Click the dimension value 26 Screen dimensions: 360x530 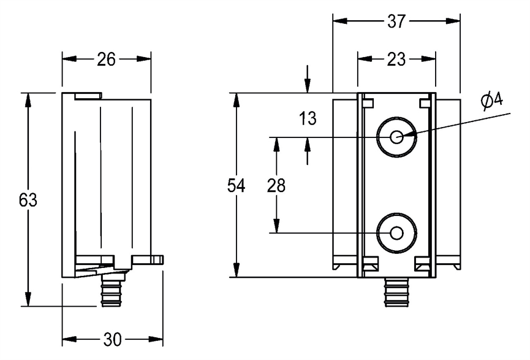coord(107,59)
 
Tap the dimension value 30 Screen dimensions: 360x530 coord(113,339)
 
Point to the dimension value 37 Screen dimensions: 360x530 coord(396,21)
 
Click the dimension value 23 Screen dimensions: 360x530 coord(396,59)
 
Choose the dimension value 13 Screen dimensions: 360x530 coord(308,118)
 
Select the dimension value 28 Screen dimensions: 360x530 coord(276,186)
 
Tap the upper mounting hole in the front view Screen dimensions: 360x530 coord(396,137)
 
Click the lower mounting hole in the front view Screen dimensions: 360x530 coord(396,233)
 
